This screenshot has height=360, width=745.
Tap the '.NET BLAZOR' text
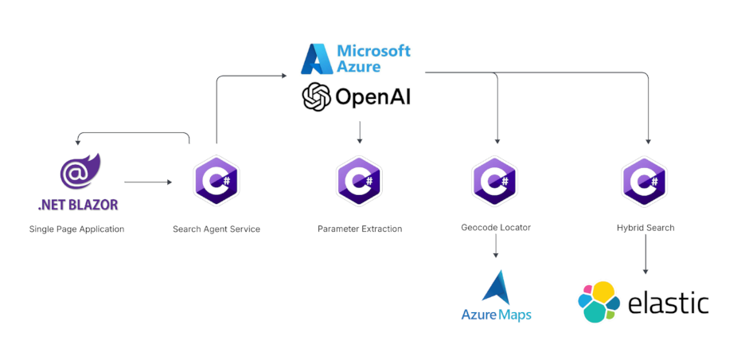tap(78, 205)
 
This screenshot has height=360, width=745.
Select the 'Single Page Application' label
tap(76, 229)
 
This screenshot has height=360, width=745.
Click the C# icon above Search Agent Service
tap(216, 181)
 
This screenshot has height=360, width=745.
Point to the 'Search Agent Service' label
tap(216, 229)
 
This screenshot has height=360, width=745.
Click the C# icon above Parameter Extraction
tap(360, 181)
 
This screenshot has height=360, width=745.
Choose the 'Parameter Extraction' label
tap(360, 229)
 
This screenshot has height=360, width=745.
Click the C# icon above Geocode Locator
tap(495, 181)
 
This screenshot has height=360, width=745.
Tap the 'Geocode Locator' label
tap(496, 228)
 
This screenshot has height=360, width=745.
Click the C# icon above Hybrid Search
tap(646, 181)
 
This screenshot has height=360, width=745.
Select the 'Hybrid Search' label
tap(646, 228)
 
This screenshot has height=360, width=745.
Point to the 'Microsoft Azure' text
tap(373, 58)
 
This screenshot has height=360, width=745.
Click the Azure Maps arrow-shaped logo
tap(496, 288)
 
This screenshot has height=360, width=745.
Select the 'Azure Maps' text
tap(496, 315)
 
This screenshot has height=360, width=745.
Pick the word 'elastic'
tap(668, 303)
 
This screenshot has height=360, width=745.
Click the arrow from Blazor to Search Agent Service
tap(148, 182)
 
